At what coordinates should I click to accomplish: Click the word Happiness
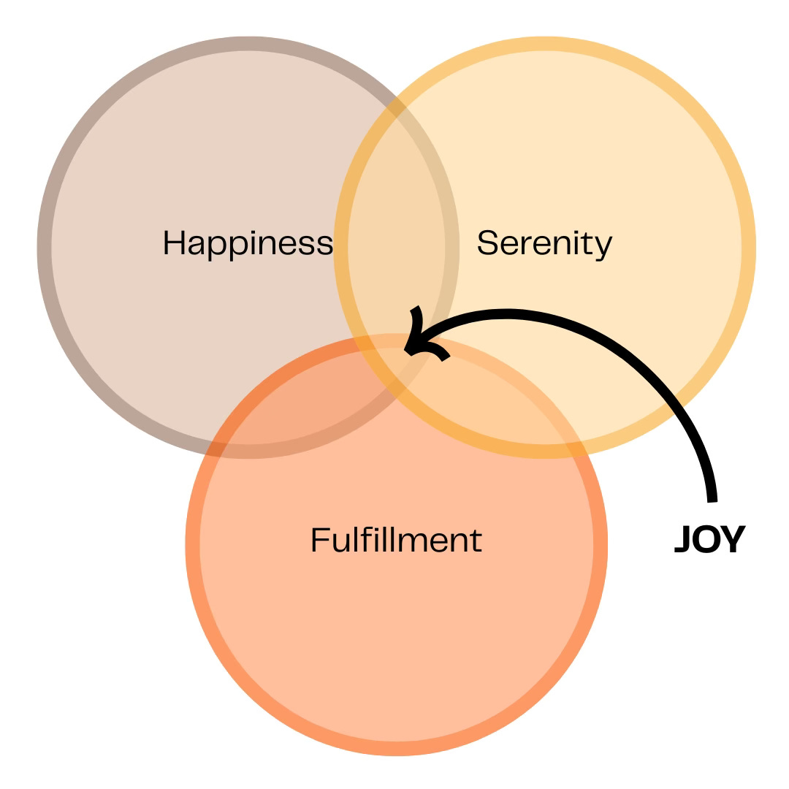pos(247,243)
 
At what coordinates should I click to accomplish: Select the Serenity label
pos(544,243)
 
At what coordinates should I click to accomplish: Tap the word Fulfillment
pos(396,541)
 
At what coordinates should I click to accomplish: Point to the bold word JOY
pos(709,539)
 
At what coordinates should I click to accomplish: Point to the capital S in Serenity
pos(487,243)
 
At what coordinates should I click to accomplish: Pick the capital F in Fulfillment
pos(318,540)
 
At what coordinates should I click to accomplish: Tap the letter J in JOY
pos(682,539)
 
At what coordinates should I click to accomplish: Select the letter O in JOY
pos(706,539)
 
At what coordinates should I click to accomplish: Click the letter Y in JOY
pos(733,539)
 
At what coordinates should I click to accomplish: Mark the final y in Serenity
pos(604,247)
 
